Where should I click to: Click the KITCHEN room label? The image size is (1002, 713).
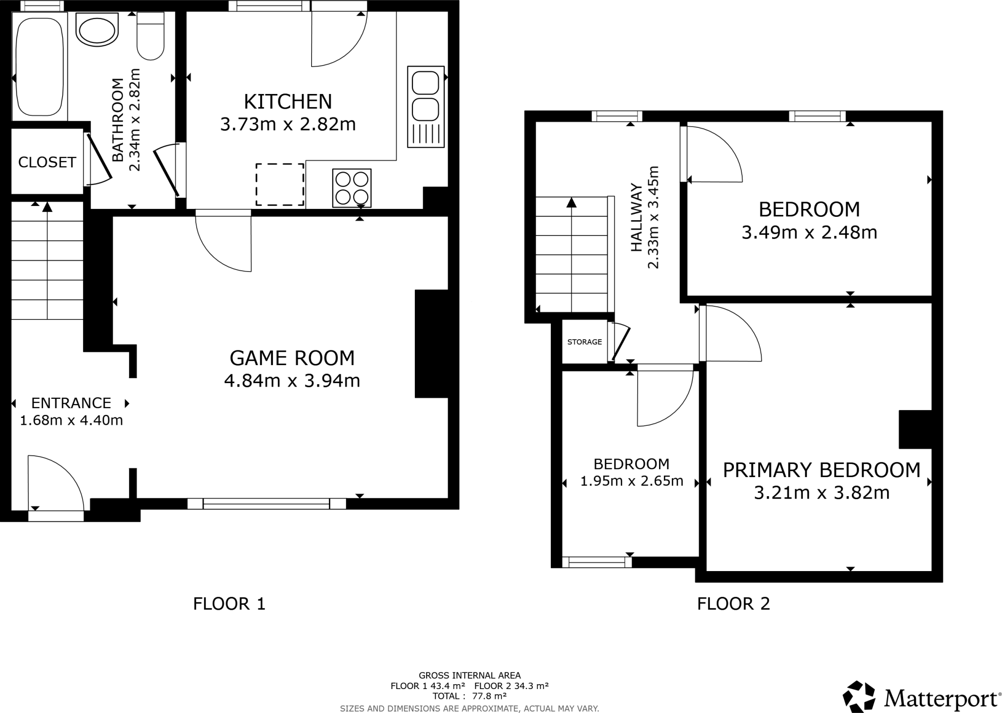tap(288, 102)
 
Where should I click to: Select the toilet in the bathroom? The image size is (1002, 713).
tap(150, 37)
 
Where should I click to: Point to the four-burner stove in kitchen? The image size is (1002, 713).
tap(352, 188)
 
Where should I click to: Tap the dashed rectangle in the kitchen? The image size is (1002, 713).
tap(280, 184)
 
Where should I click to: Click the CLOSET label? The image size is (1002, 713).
tap(47, 162)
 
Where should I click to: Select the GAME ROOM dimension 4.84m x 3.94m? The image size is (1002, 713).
tap(292, 381)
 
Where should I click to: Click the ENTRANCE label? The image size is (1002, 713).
tap(71, 403)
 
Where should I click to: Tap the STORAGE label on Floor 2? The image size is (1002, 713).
tap(584, 342)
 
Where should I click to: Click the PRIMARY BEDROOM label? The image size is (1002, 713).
tap(821, 470)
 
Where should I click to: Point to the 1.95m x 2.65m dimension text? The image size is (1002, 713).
tap(631, 482)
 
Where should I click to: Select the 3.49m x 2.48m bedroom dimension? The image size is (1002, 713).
tap(809, 232)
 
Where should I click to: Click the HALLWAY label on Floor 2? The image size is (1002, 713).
tap(636, 218)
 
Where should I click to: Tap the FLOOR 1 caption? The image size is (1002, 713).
tap(229, 604)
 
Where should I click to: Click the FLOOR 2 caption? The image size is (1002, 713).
tap(733, 604)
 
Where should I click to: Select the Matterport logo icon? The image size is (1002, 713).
tap(859, 696)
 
